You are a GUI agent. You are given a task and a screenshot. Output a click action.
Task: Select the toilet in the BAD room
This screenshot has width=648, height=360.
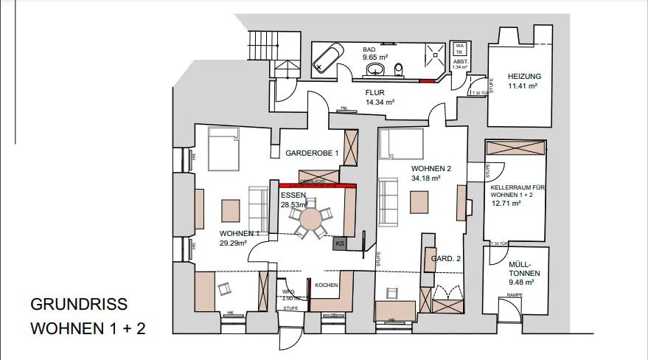click(400, 69)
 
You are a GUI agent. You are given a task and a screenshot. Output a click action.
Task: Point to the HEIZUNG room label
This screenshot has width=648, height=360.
click(524, 76)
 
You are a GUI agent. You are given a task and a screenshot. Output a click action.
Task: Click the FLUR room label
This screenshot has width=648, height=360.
click(377, 93)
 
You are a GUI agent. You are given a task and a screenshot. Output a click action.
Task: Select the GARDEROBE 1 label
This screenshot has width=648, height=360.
click(312, 153)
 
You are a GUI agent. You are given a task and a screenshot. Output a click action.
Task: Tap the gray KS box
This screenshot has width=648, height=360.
click(340, 243)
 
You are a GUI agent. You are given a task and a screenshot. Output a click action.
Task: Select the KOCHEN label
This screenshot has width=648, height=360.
click(327, 285)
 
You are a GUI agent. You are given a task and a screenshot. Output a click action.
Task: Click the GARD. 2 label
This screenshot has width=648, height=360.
click(446, 258)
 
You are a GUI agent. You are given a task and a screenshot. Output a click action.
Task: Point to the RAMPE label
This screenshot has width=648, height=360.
click(514, 296)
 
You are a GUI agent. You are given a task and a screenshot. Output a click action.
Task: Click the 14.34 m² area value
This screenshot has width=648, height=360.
click(380, 103)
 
